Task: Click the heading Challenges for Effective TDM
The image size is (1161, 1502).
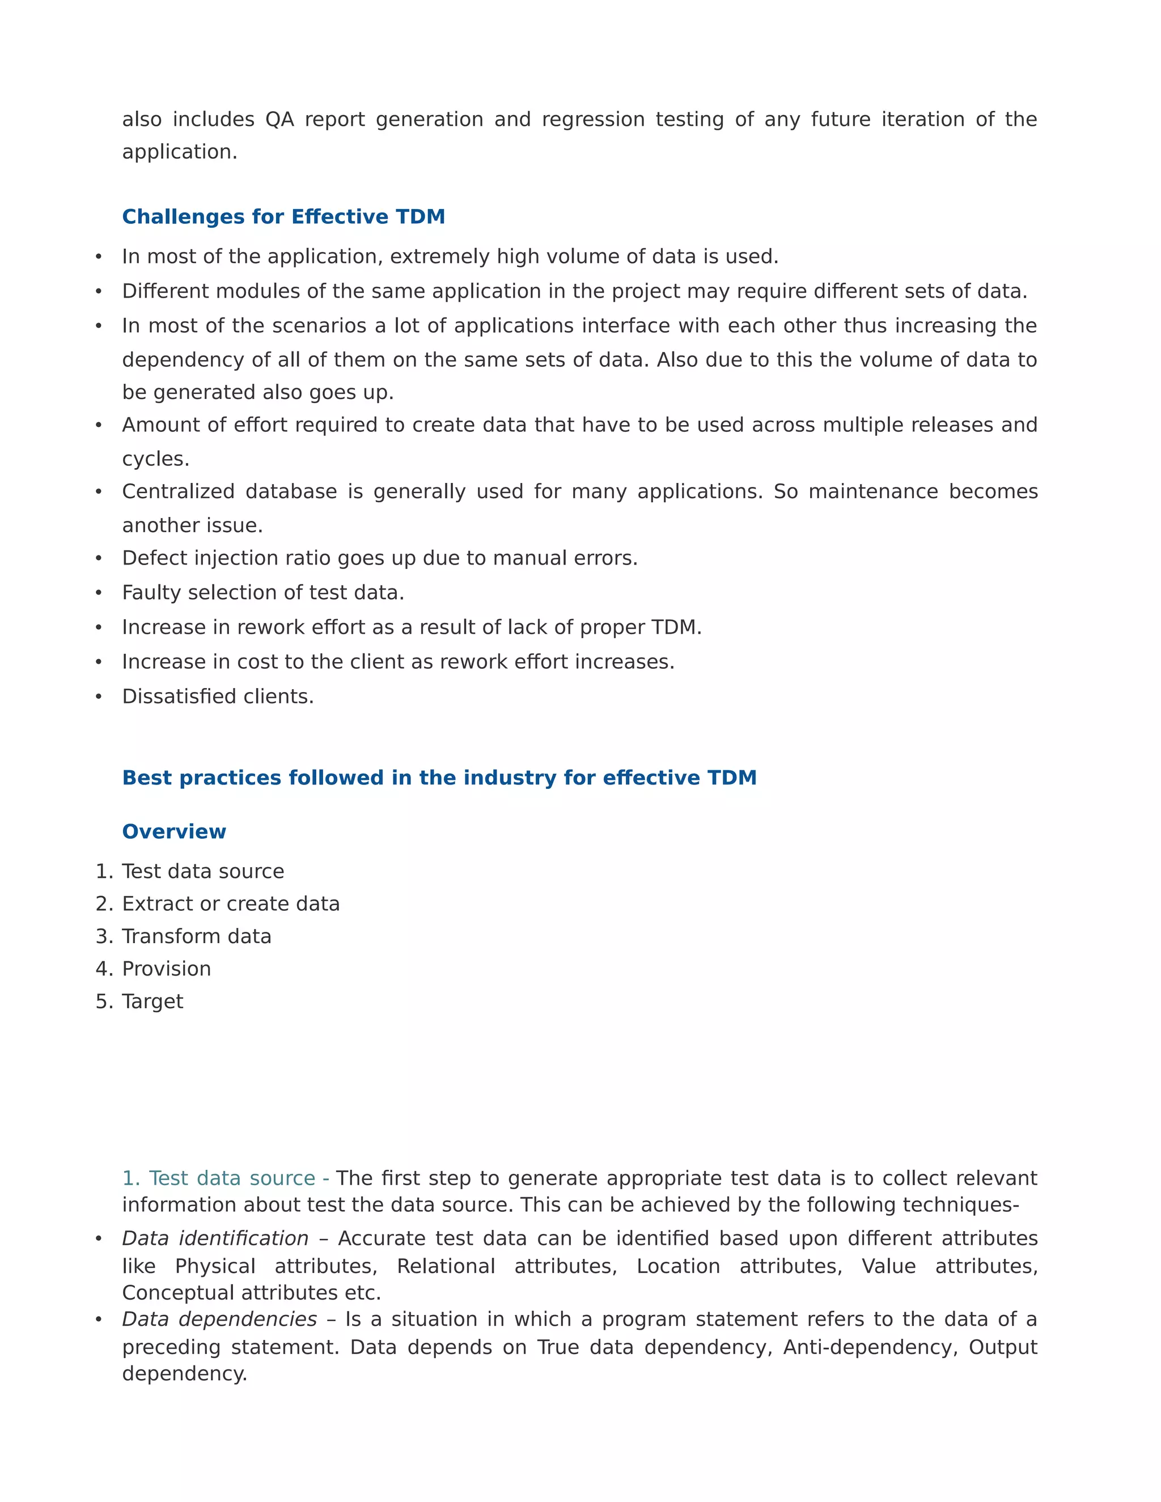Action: point(283,217)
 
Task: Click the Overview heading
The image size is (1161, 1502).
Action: point(174,831)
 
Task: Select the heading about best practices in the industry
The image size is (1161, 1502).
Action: point(439,778)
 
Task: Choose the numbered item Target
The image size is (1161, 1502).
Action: point(152,1002)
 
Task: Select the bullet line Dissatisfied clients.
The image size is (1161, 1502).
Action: point(217,697)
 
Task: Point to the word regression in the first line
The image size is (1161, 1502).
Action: point(593,120)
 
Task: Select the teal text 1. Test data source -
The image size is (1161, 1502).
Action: point(225,1178)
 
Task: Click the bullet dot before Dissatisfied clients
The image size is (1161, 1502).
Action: point(98,697)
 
